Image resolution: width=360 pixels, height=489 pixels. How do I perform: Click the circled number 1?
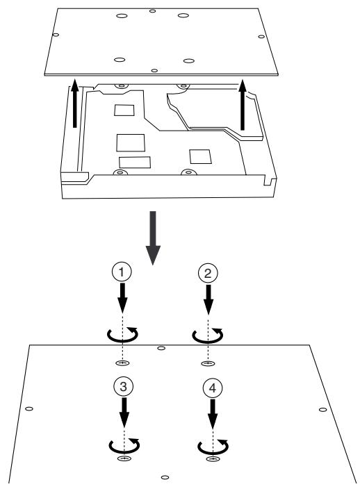122,272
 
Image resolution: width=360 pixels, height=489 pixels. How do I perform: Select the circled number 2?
208,273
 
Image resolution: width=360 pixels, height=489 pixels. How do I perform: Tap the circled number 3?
123,387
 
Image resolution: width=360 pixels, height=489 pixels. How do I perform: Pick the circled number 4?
213,388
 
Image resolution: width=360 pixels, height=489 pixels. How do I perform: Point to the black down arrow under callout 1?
122,298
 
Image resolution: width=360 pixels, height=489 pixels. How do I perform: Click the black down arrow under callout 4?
213,414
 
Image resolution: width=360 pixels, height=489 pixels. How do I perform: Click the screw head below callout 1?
122,363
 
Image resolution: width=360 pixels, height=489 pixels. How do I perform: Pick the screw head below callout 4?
213,458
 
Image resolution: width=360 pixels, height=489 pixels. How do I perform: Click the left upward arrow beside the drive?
74,103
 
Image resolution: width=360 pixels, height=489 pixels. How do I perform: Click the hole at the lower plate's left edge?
29,408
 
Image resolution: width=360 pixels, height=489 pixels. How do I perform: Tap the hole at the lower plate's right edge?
323,410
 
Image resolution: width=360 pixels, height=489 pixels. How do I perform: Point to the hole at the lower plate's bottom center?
165,477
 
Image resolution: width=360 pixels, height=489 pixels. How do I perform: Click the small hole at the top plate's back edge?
152,11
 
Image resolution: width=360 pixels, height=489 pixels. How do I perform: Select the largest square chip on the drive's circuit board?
131,143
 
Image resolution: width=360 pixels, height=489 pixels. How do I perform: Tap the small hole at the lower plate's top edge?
161,348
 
